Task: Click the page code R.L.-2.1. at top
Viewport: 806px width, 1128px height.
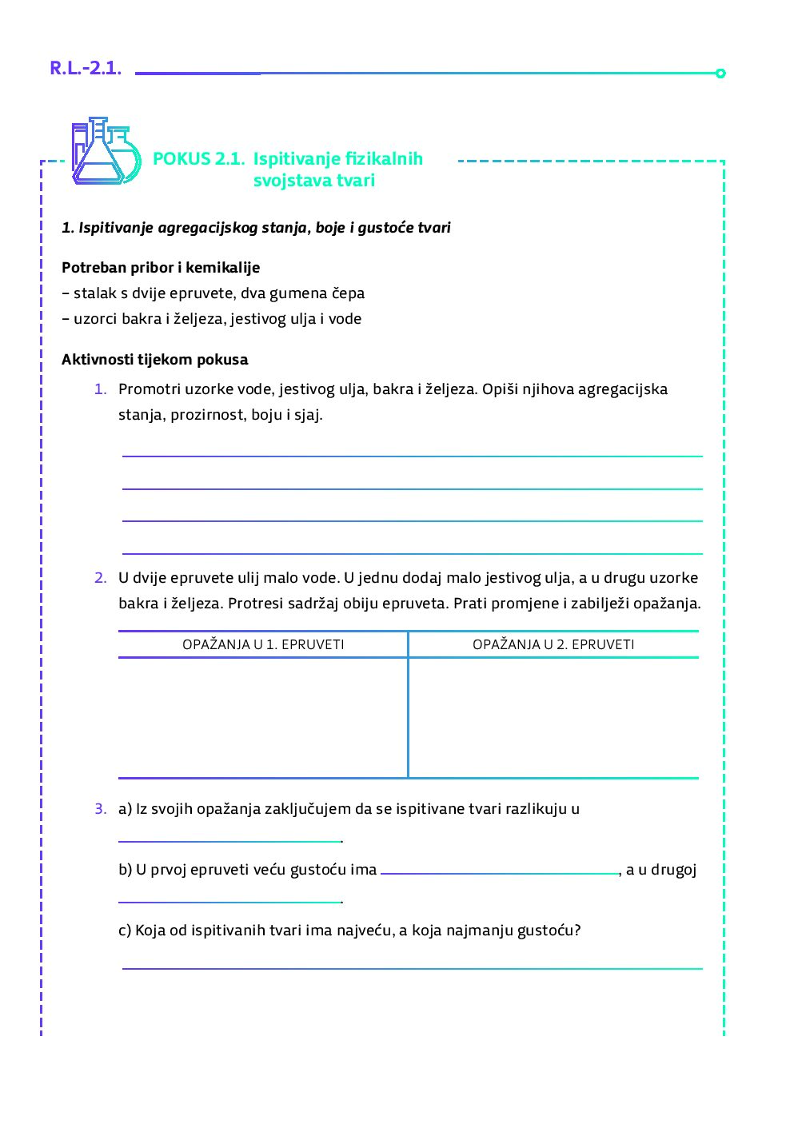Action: point(86,69)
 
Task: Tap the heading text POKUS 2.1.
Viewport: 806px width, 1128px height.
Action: point(198,159)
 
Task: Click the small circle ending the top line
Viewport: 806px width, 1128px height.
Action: point(720,74)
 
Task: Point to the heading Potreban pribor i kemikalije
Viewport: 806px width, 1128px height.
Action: point(161,268)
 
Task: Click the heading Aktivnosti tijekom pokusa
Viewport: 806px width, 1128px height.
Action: point(155,360)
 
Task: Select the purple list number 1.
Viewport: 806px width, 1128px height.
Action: point(100,389)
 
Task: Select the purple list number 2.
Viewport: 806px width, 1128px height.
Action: point(100,578)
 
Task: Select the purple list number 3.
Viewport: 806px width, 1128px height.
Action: point(100,809)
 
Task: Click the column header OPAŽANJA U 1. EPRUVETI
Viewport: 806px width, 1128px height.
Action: point(263,644)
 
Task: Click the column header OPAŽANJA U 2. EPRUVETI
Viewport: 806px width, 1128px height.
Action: point(553,644)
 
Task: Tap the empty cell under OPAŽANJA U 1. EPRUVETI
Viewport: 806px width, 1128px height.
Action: point(263,717)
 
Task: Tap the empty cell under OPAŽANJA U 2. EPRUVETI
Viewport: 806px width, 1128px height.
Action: point(553,717)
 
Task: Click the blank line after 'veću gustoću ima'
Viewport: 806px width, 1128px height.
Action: point(500,871)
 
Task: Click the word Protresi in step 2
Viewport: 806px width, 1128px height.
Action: point(257,604)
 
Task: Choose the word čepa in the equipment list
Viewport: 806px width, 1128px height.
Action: point(348,293)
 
